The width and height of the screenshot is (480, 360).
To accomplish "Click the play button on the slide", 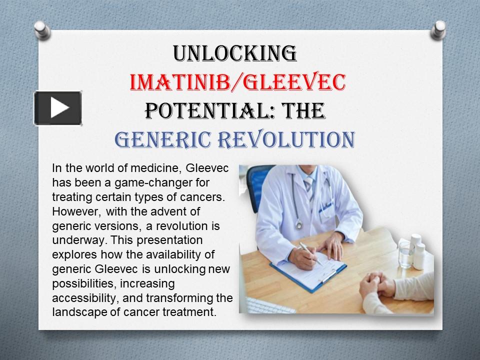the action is pyautogui.click(x=58, y=108).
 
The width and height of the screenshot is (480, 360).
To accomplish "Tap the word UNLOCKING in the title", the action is pyautogui.click(x=234, y=53).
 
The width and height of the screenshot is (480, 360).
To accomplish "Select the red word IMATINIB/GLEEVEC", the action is pyautogui.click(x=238, y=82).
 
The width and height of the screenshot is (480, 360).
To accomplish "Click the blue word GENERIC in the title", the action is pyautogui.click(x=163, y=139).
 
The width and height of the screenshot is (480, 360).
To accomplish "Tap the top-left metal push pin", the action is pyautogui.click(x=42, y=30).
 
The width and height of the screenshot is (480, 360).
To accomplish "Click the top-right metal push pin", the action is pyautogui.click(x=438, y=30).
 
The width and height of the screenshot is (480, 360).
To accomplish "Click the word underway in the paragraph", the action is pyautogui.click(x=80, y=240).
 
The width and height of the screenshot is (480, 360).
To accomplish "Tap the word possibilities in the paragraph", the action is pyautogui.click(x=84, y=283).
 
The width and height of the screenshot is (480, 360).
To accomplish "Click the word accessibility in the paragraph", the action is pyautogui.click(x=85, y=298).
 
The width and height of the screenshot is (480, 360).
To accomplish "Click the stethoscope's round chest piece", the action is pyautogui.click(x=299, y=225).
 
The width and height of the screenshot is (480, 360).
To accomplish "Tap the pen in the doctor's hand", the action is pyautogui.click(x=310, y=253).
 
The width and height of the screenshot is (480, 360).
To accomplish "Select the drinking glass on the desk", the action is pyautogui.click(x=406, y=254).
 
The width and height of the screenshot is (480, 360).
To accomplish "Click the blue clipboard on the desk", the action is pyautogui.click(x=308, y=271).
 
